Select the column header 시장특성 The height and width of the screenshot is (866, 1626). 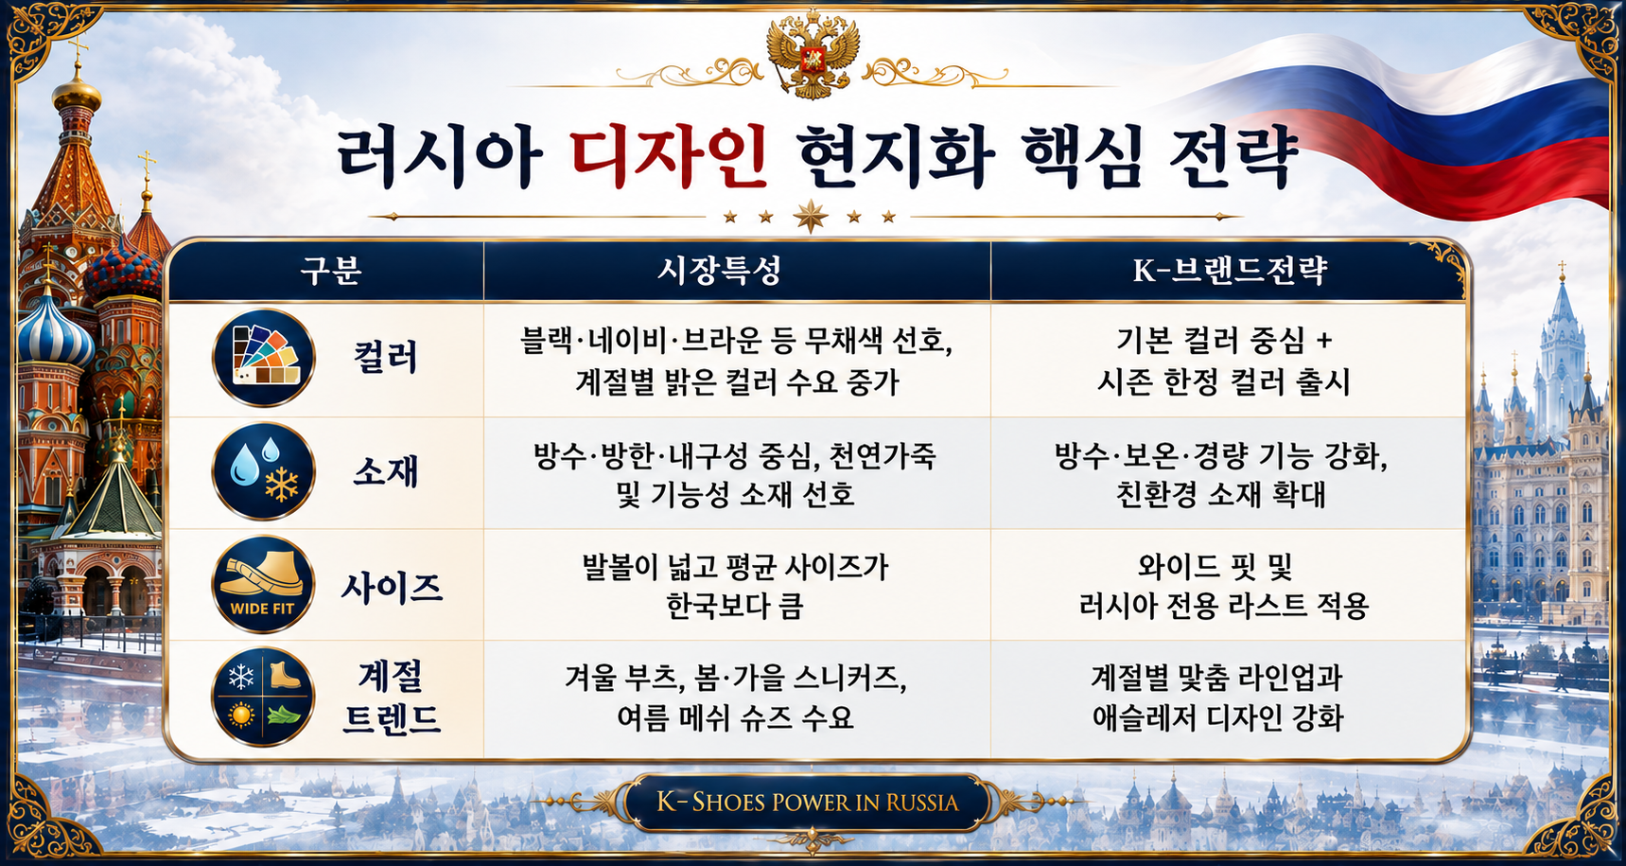click(720, 271)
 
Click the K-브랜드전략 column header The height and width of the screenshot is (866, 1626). click(1230, 271)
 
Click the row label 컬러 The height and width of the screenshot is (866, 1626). click(385, 358)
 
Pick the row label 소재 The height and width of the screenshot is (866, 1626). click(385, 471)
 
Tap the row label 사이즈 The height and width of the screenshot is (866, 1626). click(392, 588)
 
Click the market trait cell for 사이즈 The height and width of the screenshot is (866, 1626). click(736, 586)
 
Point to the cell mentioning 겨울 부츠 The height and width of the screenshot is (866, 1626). click(736, 698)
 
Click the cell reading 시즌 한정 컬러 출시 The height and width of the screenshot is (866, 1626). click(1224, 381)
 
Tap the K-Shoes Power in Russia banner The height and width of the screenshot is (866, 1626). click(807, 803)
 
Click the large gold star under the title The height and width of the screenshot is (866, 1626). click(811, 217)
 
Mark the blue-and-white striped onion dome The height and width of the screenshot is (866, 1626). click(54, 331)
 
